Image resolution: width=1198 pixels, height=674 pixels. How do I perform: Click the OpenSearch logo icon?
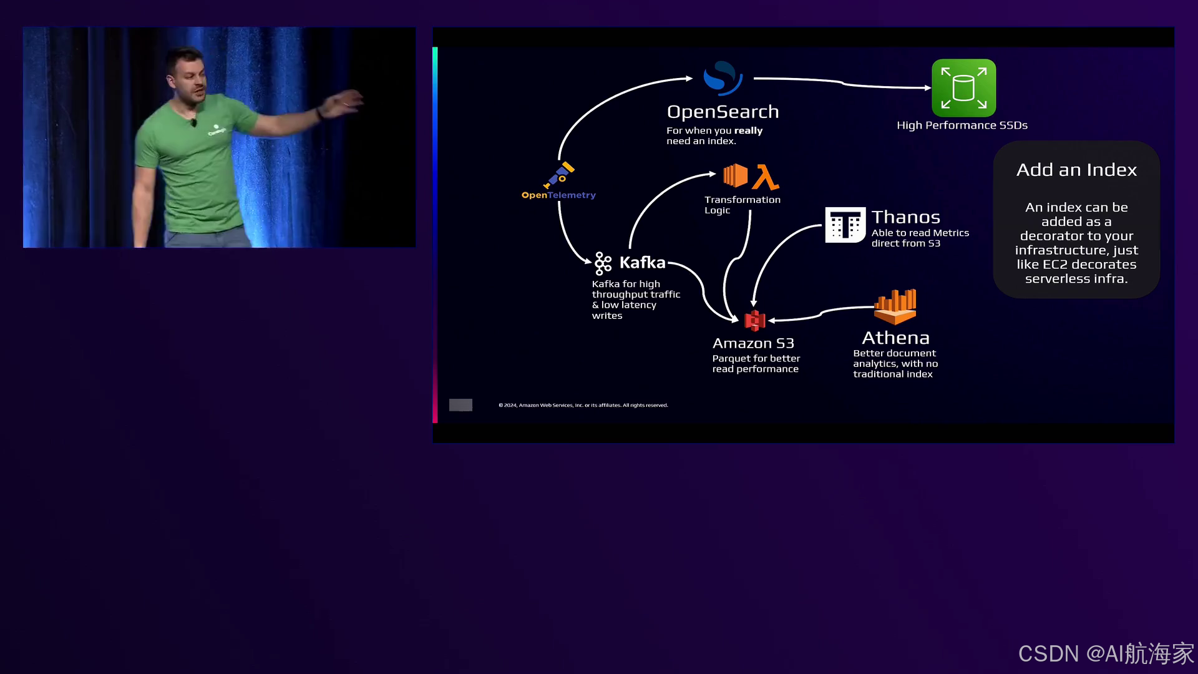click(723, 78)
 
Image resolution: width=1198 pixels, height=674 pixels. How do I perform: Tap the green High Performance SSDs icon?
click(963, 88)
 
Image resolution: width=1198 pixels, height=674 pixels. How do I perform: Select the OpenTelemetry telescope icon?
click(559, 175)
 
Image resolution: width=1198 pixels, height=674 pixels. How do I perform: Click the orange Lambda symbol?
click(766, 177)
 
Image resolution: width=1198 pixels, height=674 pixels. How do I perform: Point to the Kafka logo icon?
click(603, 263)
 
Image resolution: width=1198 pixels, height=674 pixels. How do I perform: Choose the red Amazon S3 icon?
click(755, 320)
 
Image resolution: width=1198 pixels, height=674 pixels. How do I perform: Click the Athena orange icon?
click(895, 306)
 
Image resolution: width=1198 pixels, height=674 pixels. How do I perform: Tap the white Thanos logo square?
click(845, 225)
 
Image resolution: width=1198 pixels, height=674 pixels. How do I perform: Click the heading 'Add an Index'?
click(1076, 170)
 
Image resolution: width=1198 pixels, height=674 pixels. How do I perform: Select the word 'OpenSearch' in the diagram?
click(723, 112)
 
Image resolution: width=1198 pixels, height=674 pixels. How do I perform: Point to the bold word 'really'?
click(748, 130)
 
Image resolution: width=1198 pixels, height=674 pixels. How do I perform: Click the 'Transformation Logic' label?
click(742, 205)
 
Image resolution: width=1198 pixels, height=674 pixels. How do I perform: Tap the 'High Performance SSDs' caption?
click(962, 125)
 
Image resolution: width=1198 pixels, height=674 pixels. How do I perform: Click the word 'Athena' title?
click(895, 338)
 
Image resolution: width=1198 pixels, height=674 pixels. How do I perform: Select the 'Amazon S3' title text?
click(753, 343)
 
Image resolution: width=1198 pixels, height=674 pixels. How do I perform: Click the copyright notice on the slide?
click(583, 406)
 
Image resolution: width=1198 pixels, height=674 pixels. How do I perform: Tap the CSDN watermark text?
click(1106, 653)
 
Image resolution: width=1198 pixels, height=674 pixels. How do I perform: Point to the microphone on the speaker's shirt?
click(194, 122)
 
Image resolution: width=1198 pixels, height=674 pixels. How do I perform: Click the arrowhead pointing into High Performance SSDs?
click(928, 88)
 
